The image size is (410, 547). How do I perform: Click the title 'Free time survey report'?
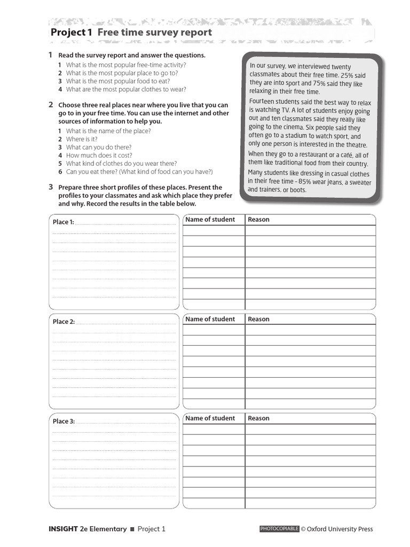point(154,33)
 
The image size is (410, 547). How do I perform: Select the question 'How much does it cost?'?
point(99,155)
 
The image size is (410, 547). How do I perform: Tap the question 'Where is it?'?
point(82,139)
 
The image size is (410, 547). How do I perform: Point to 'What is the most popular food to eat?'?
point(118,81)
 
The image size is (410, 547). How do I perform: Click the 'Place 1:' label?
point(63,222)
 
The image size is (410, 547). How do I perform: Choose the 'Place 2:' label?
point(64,322)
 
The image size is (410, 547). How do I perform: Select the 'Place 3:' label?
point(64,421)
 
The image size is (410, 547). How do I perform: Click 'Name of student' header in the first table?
point(210,220)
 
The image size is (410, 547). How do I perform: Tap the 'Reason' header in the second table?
point(258,319)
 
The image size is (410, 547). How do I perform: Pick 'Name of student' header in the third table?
point(210,418)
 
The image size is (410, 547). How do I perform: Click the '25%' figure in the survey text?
point(348,76)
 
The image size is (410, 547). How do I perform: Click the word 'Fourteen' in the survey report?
point(263,101)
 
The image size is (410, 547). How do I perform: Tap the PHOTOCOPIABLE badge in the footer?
point(279,529)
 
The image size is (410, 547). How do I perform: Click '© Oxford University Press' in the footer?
point(336,529)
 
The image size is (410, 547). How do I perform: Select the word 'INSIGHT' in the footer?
point(63,529)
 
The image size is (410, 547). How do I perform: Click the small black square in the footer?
point(132,529)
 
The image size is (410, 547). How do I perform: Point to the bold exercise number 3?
point(51,187)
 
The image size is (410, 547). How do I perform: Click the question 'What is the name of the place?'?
point(108,131)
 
